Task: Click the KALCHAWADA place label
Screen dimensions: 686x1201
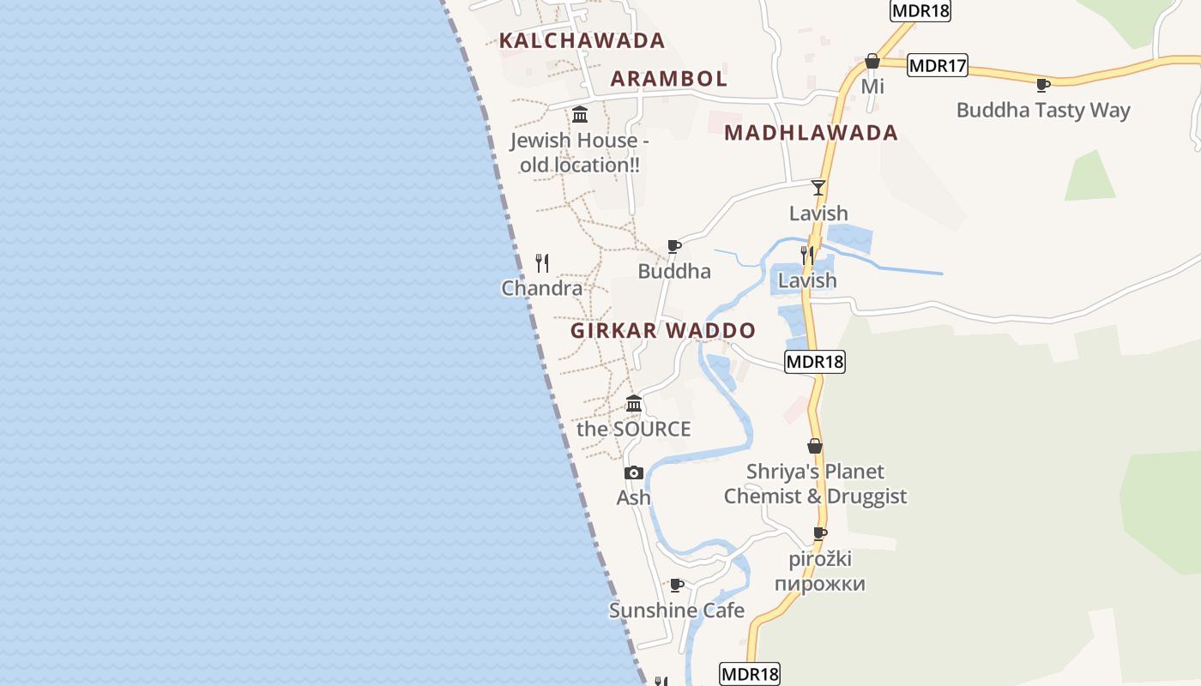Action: click(582, 40)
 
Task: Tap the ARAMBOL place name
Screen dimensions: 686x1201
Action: click(668, 79)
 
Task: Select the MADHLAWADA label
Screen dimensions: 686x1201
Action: click(811, 133)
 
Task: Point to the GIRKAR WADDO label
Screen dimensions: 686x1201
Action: click(663, 331)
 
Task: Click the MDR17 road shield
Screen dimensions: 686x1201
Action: click(937, 65)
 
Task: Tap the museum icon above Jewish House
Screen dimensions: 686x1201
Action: click(580, 114)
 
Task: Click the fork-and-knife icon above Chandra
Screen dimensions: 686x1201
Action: click(542, 262)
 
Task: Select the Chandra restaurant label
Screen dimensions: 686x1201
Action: click(542, 288)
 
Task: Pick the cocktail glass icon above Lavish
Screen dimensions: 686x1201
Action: click(818, 188)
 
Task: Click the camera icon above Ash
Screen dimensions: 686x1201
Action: click(634, 472)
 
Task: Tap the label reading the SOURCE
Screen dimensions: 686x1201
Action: click(633, 429)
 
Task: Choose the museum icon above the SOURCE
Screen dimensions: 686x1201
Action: click(634, 403)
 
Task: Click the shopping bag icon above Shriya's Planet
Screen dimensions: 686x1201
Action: click(815, 446)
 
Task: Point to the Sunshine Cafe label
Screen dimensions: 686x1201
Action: click(676, 611)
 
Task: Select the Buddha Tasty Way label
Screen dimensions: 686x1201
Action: click(1043, 111)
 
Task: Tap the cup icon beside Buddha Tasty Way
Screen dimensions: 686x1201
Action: click(1043, 85)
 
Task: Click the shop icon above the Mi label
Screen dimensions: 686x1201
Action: click(872, 61)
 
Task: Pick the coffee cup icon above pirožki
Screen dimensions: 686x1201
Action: click(820, 533)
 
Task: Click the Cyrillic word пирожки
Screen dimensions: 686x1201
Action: click(819, 584)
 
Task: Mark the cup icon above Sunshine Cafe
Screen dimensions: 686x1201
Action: click(676, 585)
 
